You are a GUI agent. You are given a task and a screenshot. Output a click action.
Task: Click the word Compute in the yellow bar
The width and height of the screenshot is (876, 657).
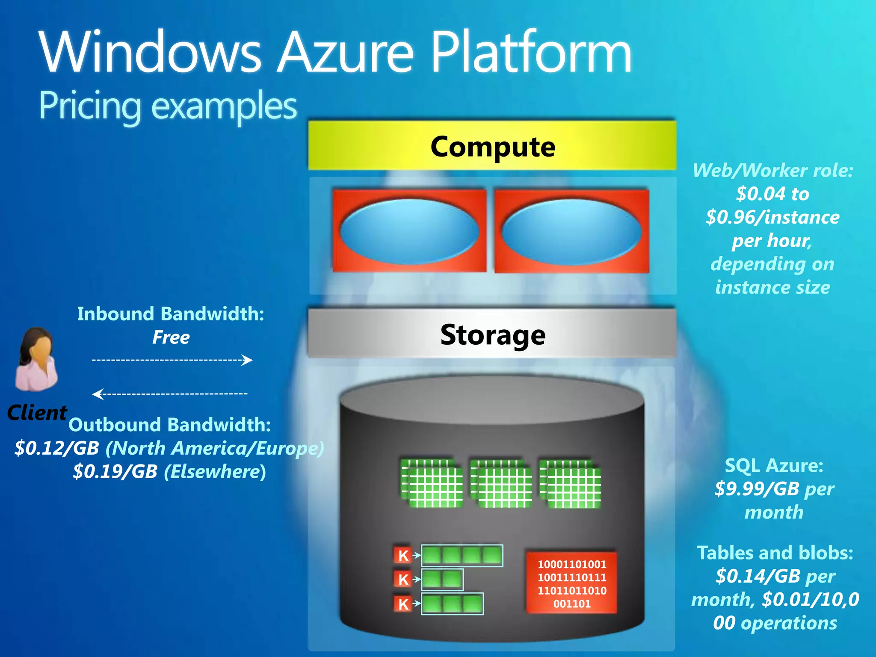click(493, 147)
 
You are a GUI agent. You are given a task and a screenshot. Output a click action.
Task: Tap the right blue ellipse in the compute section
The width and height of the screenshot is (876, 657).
click(571, 231)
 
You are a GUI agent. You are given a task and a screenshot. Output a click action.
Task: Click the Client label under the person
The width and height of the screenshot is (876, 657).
click(37, 413)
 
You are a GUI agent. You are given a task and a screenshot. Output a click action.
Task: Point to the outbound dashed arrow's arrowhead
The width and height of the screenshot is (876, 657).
click(97, 394)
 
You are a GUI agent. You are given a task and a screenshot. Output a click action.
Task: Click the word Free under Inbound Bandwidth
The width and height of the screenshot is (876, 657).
click(171, 337)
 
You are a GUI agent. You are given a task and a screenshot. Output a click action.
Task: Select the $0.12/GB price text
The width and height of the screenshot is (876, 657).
click(57, 448)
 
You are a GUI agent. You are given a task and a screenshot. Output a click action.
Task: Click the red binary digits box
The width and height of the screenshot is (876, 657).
click(571, 583)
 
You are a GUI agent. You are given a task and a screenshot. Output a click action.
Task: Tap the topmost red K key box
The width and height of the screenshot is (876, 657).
click(402, 555)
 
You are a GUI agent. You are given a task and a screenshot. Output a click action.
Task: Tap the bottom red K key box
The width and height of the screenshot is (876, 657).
click(402, 604)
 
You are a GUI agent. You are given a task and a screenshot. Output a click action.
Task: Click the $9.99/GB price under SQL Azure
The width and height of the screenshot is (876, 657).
click(757, 489)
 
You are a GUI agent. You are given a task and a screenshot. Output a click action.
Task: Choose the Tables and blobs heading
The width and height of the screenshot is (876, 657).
click(775, 553)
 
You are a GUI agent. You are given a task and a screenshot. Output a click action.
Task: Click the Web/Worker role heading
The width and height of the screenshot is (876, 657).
click(772, 171)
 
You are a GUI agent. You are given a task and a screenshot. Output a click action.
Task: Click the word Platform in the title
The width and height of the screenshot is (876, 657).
click(531, 53)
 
